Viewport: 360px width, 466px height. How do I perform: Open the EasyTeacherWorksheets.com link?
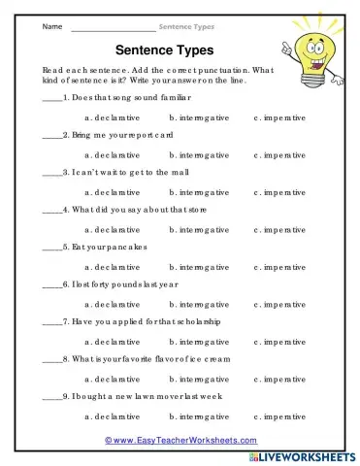[x=180, y=440]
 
